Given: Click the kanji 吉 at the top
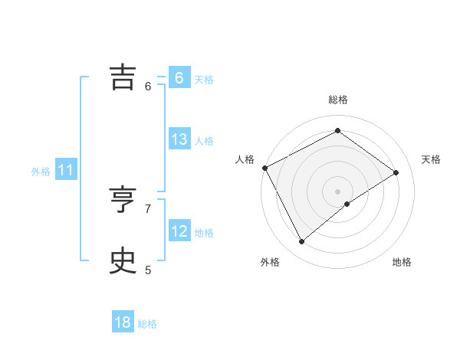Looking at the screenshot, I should [123, 77].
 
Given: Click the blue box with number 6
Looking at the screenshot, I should [179, 78].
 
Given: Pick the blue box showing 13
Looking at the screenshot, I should [179, 139].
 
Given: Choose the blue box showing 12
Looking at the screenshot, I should [179, 231].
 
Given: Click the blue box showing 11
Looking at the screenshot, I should [65, 171].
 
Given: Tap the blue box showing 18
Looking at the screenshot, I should [123, 322].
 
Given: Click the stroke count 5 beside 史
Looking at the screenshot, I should [148, 270].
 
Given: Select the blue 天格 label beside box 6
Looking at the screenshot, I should [204, 80].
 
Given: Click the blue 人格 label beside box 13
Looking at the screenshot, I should [204, 141].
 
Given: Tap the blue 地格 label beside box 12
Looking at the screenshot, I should [204, 233].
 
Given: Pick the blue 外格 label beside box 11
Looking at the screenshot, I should [41, 172].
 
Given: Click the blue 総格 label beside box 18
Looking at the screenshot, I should [147, 324].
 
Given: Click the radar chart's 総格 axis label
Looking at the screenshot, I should [337, 100].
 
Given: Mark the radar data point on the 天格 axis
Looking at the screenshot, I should [396, 172].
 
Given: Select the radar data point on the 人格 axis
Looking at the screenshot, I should [264, 168].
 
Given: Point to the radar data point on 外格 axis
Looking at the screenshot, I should [302, 242].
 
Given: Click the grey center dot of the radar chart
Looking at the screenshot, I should [337, 191].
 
